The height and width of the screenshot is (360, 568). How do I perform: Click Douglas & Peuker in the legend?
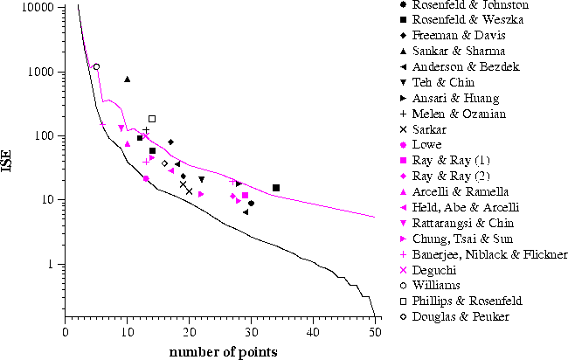(464, 316)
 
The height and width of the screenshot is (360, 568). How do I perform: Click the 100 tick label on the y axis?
(47, 135)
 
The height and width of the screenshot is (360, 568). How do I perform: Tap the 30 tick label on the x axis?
(251, 332)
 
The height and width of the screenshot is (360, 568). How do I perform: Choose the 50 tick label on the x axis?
(375, 332)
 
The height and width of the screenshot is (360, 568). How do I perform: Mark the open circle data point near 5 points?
(96, 66)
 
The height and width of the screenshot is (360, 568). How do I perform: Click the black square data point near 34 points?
(276, 188)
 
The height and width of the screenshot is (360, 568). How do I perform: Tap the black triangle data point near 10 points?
(128, 80)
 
